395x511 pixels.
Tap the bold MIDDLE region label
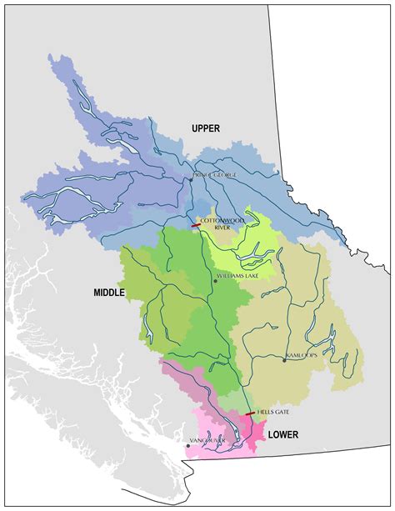[x=108, y=293]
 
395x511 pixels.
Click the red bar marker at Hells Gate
[x=250, y=413]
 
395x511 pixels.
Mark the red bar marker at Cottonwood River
[x=196, y=225]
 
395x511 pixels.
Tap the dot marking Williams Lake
[x=215, y=281]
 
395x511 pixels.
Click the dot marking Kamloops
[x=283, y=360]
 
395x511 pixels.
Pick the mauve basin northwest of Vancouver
[x=179, y=383]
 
